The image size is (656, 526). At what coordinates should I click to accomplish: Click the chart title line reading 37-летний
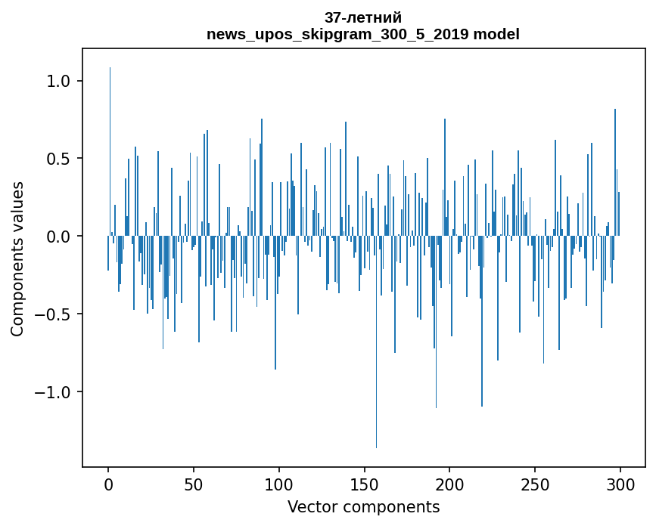tap(363, 17)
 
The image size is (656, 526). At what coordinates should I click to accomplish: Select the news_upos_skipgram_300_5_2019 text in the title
tap(339, 34)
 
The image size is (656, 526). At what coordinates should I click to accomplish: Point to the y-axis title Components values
tap(17, 258)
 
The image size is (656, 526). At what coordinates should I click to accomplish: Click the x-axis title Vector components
tap(363, 507)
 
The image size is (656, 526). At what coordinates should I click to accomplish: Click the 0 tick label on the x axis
tap(108, 484)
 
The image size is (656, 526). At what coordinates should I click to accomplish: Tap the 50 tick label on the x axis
tap(194, 484)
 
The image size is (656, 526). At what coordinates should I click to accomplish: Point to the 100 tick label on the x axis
tap(279, 484)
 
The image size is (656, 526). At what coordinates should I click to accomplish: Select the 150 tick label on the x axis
tap(365, 484)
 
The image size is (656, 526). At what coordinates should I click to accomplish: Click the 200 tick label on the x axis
tap(450, 484)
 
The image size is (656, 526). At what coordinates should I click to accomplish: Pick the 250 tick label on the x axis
tap(536, 484)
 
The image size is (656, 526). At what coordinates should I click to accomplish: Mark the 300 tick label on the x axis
tap(620, 484)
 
